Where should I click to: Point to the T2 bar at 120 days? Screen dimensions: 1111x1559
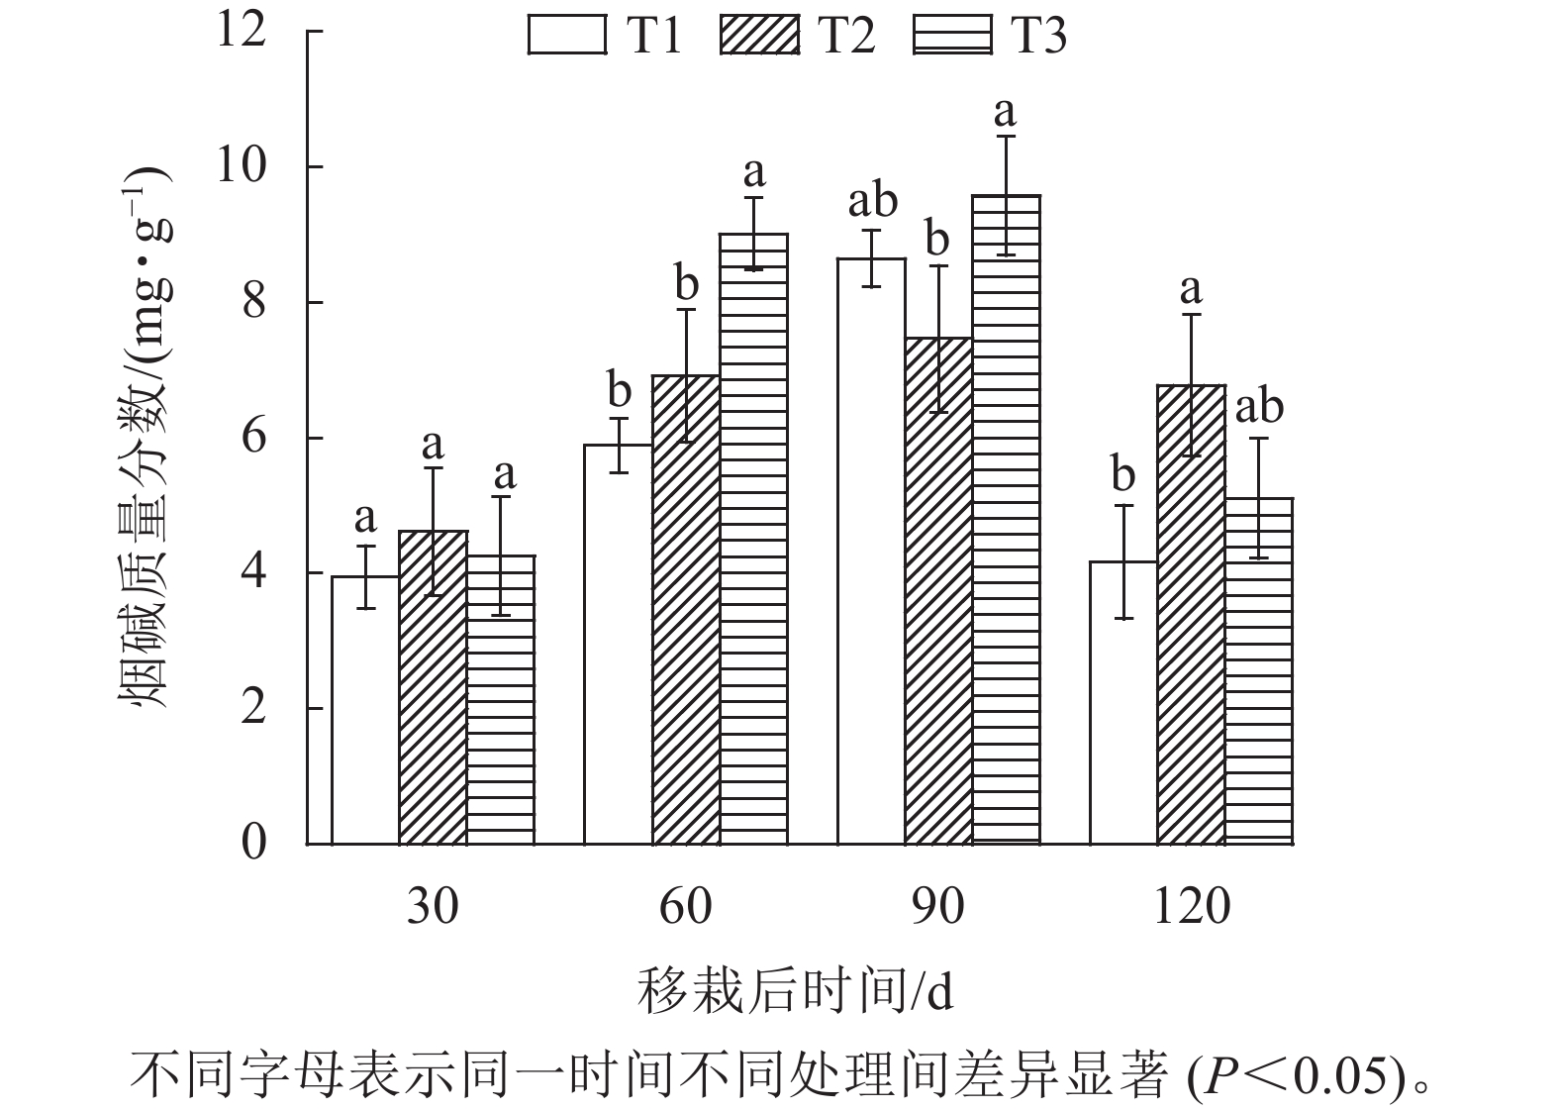1191,614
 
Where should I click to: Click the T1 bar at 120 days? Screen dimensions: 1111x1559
1123,702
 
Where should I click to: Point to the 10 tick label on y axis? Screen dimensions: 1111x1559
242,166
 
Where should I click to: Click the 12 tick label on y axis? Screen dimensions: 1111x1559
242,30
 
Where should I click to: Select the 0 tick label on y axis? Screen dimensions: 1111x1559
254,844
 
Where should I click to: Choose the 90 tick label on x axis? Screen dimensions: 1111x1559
937,906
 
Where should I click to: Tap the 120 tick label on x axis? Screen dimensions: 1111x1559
1191,906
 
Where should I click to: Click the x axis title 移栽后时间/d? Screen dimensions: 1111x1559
795,990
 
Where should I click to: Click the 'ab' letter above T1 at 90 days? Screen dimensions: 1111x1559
872,202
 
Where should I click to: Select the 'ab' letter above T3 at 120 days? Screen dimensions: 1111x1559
1259,407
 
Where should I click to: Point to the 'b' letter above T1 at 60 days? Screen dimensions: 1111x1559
619,391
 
